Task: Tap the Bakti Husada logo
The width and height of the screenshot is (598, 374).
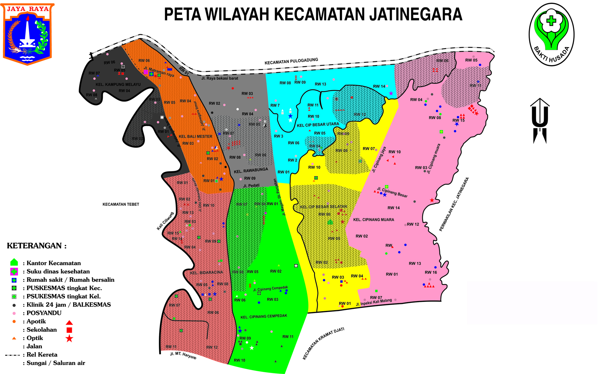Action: coord(551,35)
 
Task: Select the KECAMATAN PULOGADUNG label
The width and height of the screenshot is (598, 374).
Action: coord(291,61)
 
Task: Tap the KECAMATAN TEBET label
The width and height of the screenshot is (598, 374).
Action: coord(121,204)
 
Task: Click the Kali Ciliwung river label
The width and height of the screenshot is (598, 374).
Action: coord(165,221)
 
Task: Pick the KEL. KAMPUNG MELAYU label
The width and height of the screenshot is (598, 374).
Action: coord(118,85)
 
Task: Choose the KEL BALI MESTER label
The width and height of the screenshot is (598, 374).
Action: coord(195,136)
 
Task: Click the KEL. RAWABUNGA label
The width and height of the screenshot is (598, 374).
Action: coord(251,171)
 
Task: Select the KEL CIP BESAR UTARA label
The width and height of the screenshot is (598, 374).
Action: coord(318,125)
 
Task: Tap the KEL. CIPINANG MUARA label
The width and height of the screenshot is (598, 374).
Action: coord(374,220)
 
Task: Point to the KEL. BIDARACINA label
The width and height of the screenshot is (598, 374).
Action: coord(206,273)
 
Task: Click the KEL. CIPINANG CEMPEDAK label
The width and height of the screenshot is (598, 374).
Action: coord(264,316)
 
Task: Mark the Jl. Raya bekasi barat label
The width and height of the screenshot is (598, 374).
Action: coord(220,78)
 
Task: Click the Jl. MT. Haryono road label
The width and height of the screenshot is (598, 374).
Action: coord(183,355)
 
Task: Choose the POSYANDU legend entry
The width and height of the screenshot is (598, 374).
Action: coord(44,313)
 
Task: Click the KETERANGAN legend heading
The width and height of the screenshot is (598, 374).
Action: coord(37,246)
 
